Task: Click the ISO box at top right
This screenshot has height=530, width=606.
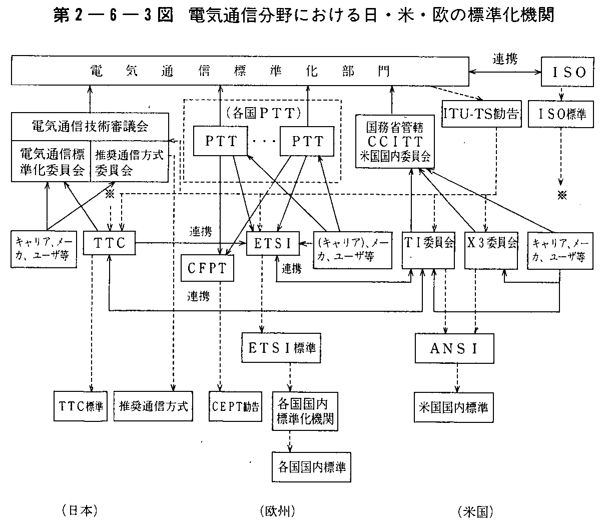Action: coord(567,72)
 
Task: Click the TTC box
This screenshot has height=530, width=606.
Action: coord(109,244)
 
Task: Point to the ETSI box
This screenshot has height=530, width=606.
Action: coord(273,244)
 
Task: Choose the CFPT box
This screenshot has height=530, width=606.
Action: coord(207,268)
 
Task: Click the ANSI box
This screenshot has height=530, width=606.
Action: coord(454,348)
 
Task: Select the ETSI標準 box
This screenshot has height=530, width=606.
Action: coord(282,348)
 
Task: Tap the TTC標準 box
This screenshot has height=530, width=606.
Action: coord(80,406)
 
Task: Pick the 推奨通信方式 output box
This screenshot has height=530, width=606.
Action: coord(154,406)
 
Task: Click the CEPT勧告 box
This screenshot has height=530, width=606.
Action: coord(235,406)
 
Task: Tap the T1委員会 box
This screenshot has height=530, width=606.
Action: coord(429,244)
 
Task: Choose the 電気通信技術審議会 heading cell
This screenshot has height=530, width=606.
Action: coord(90,127)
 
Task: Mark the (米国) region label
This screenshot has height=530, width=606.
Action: coord(475,511)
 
